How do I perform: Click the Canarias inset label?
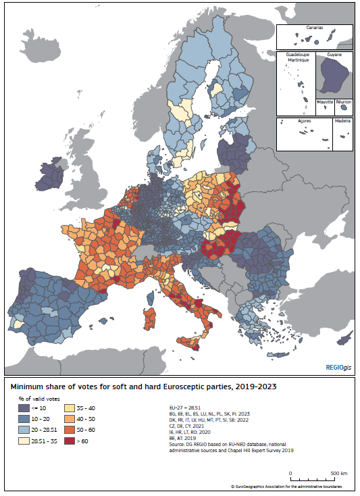click(314, 29)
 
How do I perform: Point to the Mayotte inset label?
click(326, 102)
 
